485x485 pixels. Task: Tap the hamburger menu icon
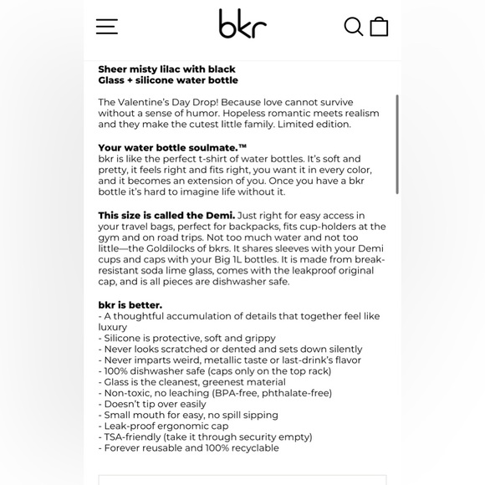[x=106, y=26]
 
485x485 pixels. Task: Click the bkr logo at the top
[x=242, y=24]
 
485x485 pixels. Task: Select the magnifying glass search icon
[x=353, y=26]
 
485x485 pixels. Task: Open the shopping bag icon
[x=379, y=26]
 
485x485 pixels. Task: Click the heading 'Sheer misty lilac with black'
[x=166, y=69]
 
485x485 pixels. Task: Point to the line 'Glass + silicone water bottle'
[x=168, y=80]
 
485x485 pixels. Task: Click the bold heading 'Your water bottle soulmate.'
[x=172, y=147]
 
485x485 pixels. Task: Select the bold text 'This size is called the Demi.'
[x=166, y=216]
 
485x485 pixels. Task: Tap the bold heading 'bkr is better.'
[x=130, y=305]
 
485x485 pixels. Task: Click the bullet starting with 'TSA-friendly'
[x=205, y=436]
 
